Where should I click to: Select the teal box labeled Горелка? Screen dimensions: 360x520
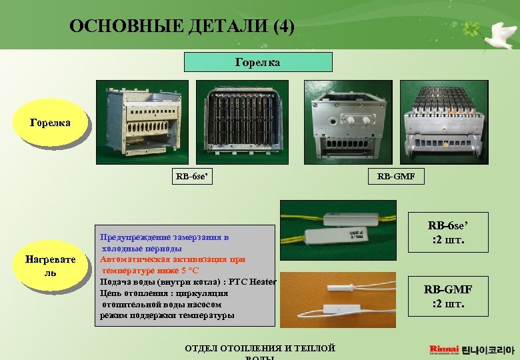click(258, 62)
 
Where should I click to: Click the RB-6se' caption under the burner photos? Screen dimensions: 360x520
click(192, 177)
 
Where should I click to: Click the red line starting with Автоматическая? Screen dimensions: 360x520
click(173, 259)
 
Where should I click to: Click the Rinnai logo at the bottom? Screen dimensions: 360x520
click(443, 349)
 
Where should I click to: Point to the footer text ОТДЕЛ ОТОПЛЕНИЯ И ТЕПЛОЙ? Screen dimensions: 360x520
click(260, 347)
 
